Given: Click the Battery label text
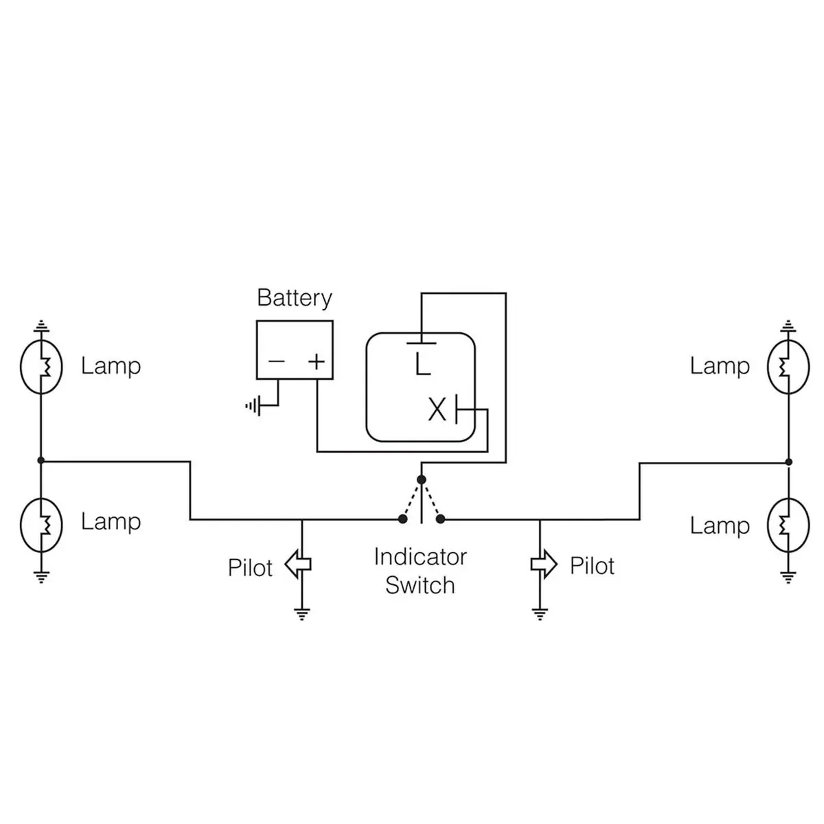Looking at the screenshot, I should click(x=295, y=298).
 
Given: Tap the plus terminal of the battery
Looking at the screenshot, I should click(x=316, y=361).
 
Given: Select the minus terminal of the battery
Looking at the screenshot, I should click(x=276, y=361).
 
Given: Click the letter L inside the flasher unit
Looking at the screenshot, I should click(x=422, y=364).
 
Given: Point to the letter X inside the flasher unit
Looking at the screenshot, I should click(x=437, y=410).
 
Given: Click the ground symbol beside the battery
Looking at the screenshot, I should click(x=253, y=406).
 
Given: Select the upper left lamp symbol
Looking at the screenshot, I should click(x=41, y=367).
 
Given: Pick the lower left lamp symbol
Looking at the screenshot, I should click(x=41, y=525).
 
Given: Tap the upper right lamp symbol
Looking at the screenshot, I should click(x=788, y=367).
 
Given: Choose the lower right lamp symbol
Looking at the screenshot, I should click(x=788, y=525).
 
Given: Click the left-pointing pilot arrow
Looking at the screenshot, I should click(x=298, y=564).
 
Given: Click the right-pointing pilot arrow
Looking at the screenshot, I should click(x=544, y=564).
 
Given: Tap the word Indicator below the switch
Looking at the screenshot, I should click(x=420, y=556).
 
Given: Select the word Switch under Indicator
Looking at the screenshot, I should click(x=420, y=586).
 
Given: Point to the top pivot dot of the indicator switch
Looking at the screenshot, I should click(x=422, y=479).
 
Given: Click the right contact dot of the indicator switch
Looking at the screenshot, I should click(x=441, y=519).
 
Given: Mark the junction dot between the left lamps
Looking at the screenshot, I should click(x=41, y=460).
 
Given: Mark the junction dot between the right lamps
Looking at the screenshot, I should click(x=788, y=461).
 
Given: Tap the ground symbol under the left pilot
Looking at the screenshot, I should click(x=301, y=613).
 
